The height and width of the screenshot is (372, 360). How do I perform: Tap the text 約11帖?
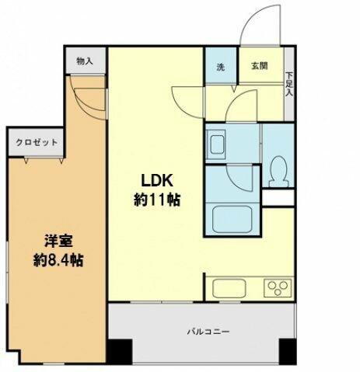tap(157, 200)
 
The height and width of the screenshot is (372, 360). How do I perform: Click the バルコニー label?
tap(207, 332)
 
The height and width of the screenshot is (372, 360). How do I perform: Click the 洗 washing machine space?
tap(220, 67)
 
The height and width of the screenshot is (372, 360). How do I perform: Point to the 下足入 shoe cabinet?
tap(289, 82)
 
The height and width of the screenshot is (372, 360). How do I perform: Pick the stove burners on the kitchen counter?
tap(277, 288)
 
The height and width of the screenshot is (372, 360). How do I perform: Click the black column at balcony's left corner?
tap(117, 353)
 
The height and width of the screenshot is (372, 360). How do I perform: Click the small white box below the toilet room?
tap(278, 198)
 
